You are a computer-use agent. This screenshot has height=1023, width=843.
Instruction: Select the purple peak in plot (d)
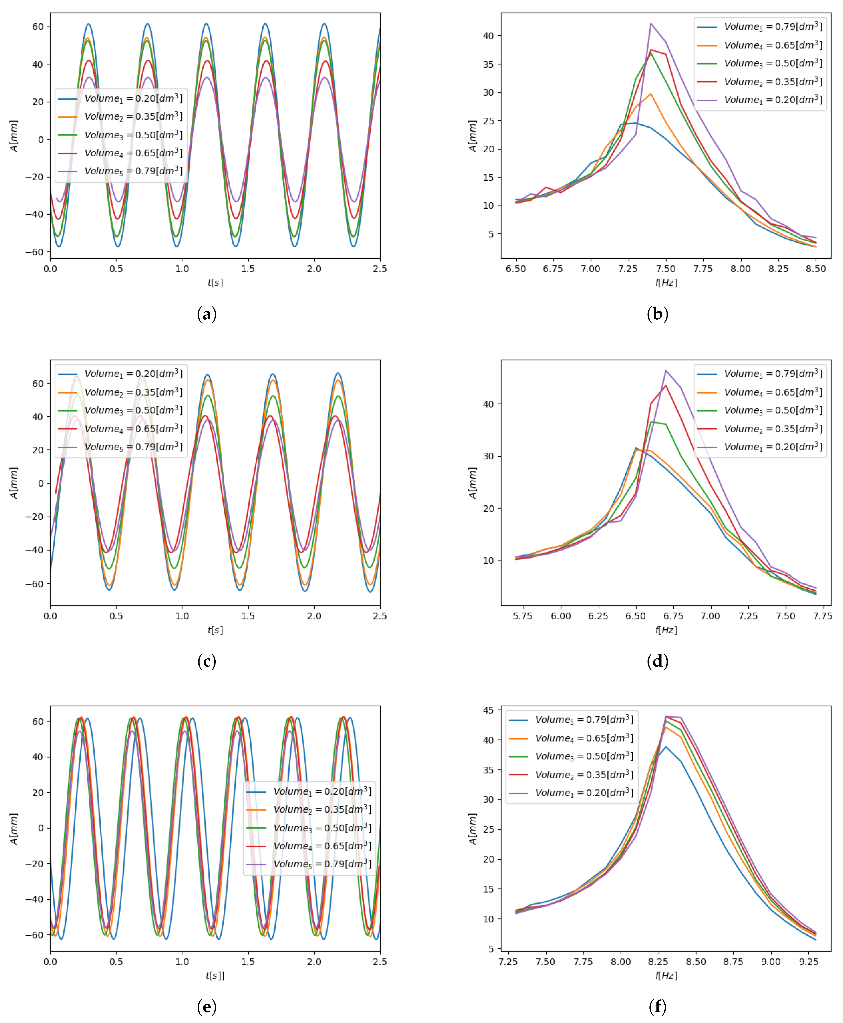(x=666, y=371)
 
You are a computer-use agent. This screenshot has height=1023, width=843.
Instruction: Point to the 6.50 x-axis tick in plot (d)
(x=636, y=616)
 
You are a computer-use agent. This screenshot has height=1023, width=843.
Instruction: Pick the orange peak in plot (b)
(x=651, y=94)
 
